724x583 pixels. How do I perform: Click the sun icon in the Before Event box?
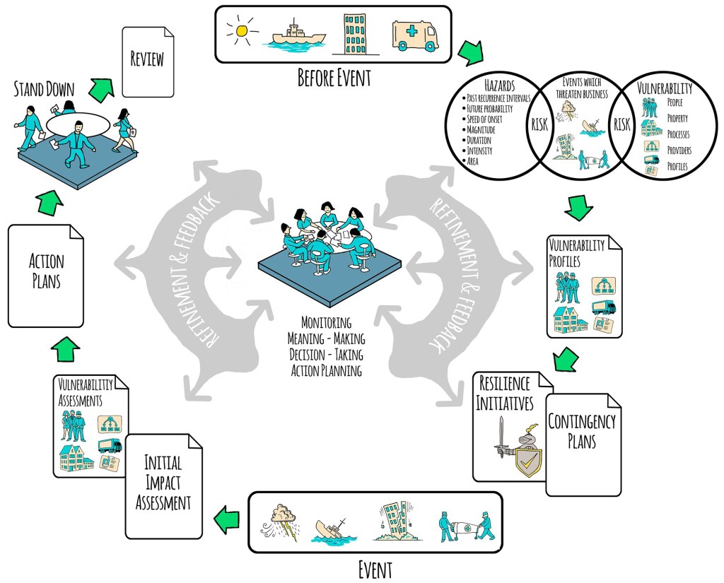click(x=243, y=31)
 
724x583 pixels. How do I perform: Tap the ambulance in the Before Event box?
click(x=414, y=34)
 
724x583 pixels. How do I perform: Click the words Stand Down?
click(x=45, y=89)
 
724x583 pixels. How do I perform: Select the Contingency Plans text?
click(x=582, y=431)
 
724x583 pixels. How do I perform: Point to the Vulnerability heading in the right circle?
click(x=665, y=89)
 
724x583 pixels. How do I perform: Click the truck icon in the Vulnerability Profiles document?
click(x=604, y=307)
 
